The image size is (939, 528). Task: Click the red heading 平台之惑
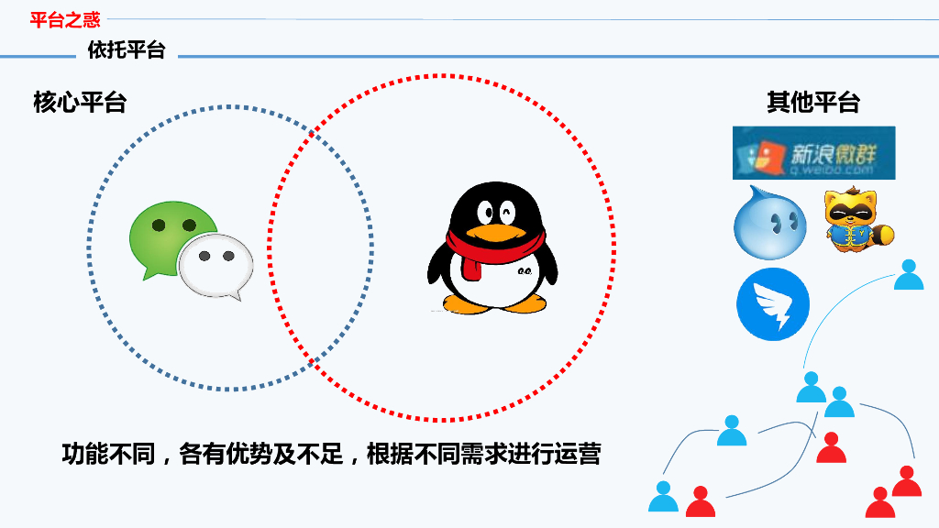coord(65,19)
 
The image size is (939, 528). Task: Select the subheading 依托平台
coord(127,49)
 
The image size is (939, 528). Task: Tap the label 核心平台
coord(79,102)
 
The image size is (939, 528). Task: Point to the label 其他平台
coord(812,102)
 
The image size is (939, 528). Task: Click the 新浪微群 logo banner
coord(813,153)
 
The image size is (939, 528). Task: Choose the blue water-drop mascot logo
coord(769,223)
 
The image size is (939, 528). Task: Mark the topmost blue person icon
coord(908,274)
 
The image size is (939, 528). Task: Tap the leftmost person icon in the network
coord(663,496)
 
